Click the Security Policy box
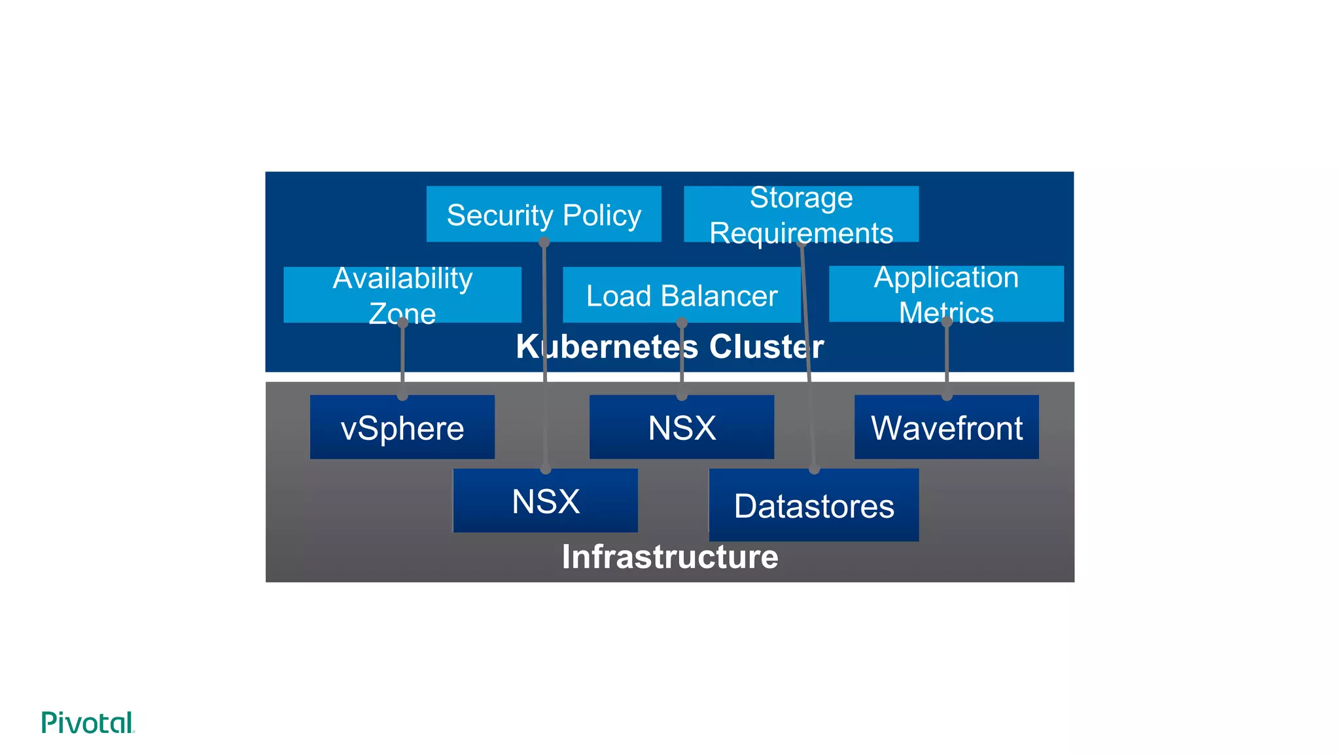[x=543, y=215]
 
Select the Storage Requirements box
[x=801, y=215]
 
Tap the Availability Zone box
[x=402, y=295]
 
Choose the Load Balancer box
[x=681, y=295]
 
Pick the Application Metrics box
[x=946, y=294]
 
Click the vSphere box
[x=402, y=428]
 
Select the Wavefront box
[x=946, y=428]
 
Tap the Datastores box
[x=813, y=506]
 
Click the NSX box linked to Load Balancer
[x=681, y=428]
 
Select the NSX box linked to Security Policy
[x=545, y=501]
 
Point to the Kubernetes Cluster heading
[x=669, y=346]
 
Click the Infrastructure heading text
[x=669, y=557]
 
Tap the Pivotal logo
[x=88, y=723]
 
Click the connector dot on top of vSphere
[x=402, y=395]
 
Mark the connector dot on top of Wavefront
[x=947, y=395]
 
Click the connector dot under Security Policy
[x=544, y=242]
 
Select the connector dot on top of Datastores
[x=814, y=469]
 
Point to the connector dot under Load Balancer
[x=682, y=323]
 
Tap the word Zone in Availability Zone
[x=402, y=314]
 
